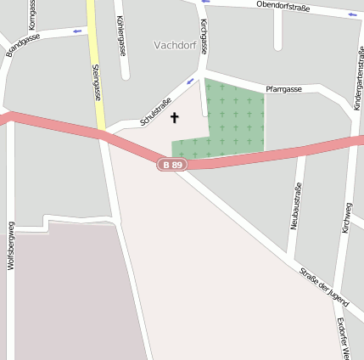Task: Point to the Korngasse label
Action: tap(33, 14)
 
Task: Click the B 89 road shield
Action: tap(172, 164)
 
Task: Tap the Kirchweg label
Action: tap(346, 217)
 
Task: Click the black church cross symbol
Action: tap(175, 117)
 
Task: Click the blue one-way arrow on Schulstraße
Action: tap(190, 82)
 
